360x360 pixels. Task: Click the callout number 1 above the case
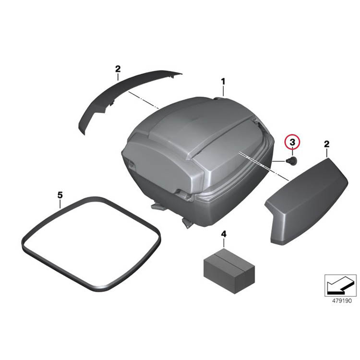point(223,82)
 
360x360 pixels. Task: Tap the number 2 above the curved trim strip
point(118,69)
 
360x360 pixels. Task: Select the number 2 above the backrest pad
point(326,144)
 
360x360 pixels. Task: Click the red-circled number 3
point(292,142)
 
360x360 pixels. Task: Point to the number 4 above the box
point(223,234)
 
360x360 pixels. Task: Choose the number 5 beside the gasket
point(60,195)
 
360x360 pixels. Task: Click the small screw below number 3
point(292,160)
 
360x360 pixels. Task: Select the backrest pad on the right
point(307,201)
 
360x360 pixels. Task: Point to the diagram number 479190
point(342,301)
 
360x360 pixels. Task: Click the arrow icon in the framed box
point(340,286)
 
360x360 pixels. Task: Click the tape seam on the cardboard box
point(229,259)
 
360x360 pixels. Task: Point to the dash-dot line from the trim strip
point(144,100)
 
